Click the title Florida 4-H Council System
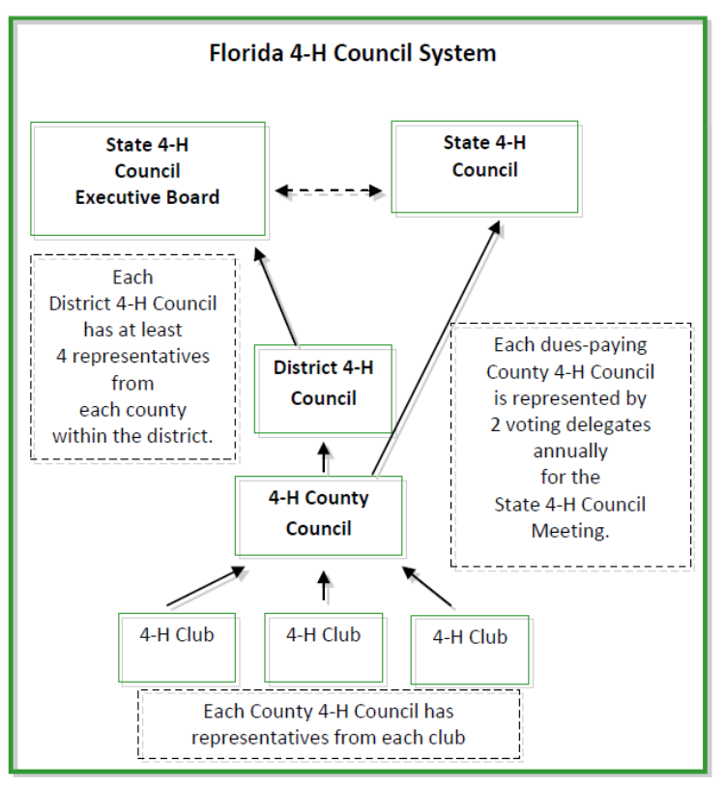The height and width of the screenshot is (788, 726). pyautogui.click(x=353, y=53)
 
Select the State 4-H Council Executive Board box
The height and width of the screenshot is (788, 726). pyautogui.click(x=148, y=179)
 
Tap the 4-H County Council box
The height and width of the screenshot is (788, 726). pyautogui.click(x=318, y=515)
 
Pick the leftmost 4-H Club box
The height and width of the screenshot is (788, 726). pyautogui.click(x=177, y=648)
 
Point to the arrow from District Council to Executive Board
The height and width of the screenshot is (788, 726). pyautogui.click(x=276, y=296)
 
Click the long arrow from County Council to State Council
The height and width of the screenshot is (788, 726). pyautogui.click(x=435, y=348)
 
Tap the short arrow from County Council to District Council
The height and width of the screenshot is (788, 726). pyautogui.click(x=324, y=456)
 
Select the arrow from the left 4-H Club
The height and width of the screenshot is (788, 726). pyautogui.click(x=206, y=588)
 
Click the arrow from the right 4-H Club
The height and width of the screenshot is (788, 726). pyautogui.click(x=428, y=587)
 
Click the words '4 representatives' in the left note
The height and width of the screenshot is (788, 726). pyautogui.click(x=132, y=356)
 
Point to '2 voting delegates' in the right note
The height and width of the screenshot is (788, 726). pyautogui.click(x=570, y=424)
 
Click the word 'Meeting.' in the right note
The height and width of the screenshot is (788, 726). pyautogui.click(x=570, y=530)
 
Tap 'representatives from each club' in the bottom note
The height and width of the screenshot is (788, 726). pyautogui.click(x=328, y=738)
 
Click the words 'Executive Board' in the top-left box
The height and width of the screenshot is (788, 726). pyautogui.click(x=148, y=197)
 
